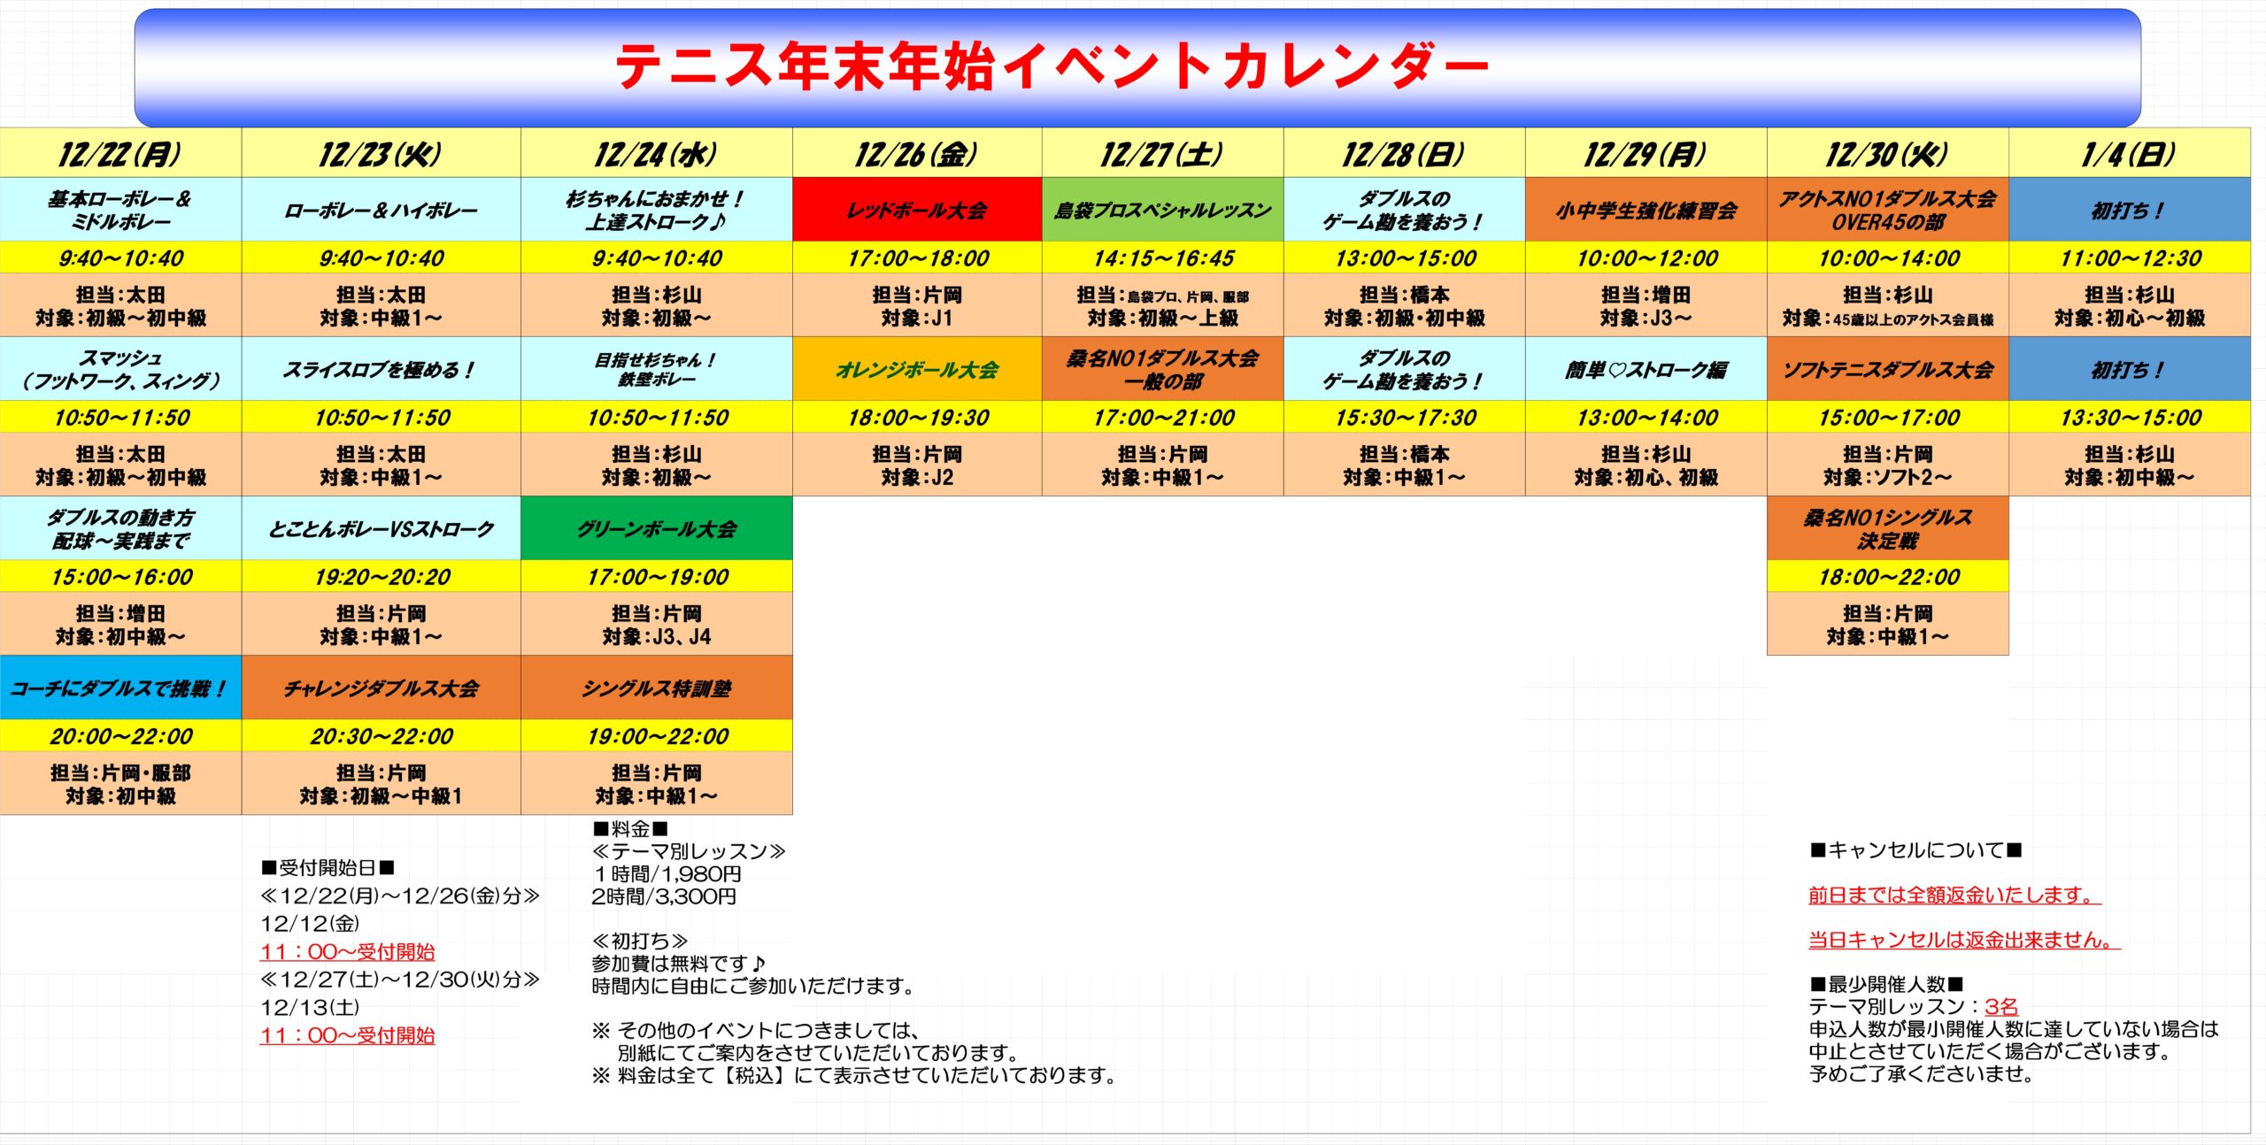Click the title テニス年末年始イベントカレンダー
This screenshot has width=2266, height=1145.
point(1052,66)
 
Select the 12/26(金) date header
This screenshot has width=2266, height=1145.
point(917,153)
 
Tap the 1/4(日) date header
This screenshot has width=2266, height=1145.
point(2129,153)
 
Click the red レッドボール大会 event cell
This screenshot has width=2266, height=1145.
point(917,210)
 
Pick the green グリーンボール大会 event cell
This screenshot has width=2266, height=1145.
point(656,528)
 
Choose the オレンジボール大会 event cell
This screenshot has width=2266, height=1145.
point(917,369)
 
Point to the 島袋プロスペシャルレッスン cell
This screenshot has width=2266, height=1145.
point(1162,210)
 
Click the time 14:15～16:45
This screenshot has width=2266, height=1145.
point(1163,257)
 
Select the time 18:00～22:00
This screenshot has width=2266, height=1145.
point(1888,576)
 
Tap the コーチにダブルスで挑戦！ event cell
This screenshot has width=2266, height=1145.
point(120,688)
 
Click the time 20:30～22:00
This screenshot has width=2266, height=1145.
point(382,735)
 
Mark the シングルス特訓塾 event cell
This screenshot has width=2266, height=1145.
point(656,688)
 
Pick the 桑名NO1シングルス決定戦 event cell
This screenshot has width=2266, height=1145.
point(1887,528)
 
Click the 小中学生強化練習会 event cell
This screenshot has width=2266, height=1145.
point(1646,210)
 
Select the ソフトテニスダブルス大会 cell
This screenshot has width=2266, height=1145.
point(1887,369)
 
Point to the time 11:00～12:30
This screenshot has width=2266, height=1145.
point(2130,257)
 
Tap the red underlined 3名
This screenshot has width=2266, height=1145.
point(2001,1007)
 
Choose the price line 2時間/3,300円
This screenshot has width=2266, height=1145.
point(664,896)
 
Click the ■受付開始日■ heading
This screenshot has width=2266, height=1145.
point(328,868)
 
